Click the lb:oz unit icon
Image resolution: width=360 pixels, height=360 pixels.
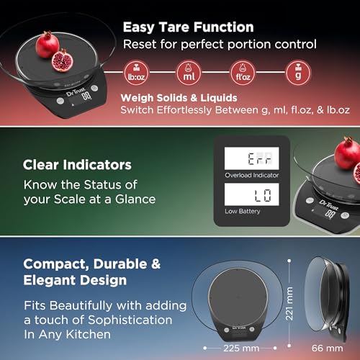pyautogui.click(x=137, y=73)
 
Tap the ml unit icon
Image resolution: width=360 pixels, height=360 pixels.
pyautogui.click(x=189, y=73)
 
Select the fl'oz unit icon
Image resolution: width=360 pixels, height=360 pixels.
pyautogui.click(x=243, y=73)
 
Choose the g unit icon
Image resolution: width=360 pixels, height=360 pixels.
pyautogui.click(x=298, y=73)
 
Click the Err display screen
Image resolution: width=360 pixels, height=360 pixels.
pyautogui.click(x=252, y=158)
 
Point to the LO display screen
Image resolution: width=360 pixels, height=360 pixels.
pyautogui.click(x=252, y=194)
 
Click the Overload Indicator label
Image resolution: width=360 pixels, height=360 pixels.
pyautogui.click(x=252, y=175)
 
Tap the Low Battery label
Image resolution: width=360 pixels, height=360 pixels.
pyautogui.click(x=243, y=211)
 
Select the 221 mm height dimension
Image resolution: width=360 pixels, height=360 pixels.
pyautogui.click(x=289, y=303)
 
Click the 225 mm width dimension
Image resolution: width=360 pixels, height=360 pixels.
pyautogui.click(x=241, y=348)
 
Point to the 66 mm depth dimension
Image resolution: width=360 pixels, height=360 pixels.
pyautogui.click(x=328, y=348)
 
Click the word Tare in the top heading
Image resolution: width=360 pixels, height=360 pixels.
pyautogui.click(x=174, y=27)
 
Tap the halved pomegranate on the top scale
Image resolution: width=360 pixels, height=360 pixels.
pyautogui.click(x=63, y=60)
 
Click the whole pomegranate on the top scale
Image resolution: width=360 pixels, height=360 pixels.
pyautogui.click(x=48, y=45)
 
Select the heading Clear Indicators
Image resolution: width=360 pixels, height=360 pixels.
pyautogui.click(x=77, y=165)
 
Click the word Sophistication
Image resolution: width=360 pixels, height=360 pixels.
pyautogui.click(x=130, y=320)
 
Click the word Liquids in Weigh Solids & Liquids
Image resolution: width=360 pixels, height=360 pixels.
pyautogui.click(x=219, y=98)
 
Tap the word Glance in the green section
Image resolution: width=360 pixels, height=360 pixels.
pyautogui.click(x=135, y=199)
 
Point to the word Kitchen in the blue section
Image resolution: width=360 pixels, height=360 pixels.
pyautogui.click(x=89, y=334)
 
